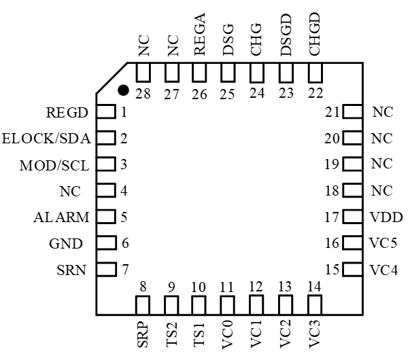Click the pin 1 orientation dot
coord(123,89)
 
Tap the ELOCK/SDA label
coord(47,139)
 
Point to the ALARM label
coord(61,217)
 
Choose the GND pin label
coord(67,243)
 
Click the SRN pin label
coord(72,270)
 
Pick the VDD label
coord(386,217)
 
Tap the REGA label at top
coord(200,33)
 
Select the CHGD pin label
coord(315,33)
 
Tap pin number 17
coord(332,217)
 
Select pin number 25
coord(228,93)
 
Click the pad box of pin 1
coord(104,112)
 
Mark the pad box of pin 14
coord(314,305)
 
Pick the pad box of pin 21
coord(352,112)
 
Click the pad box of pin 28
coord(143,73)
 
